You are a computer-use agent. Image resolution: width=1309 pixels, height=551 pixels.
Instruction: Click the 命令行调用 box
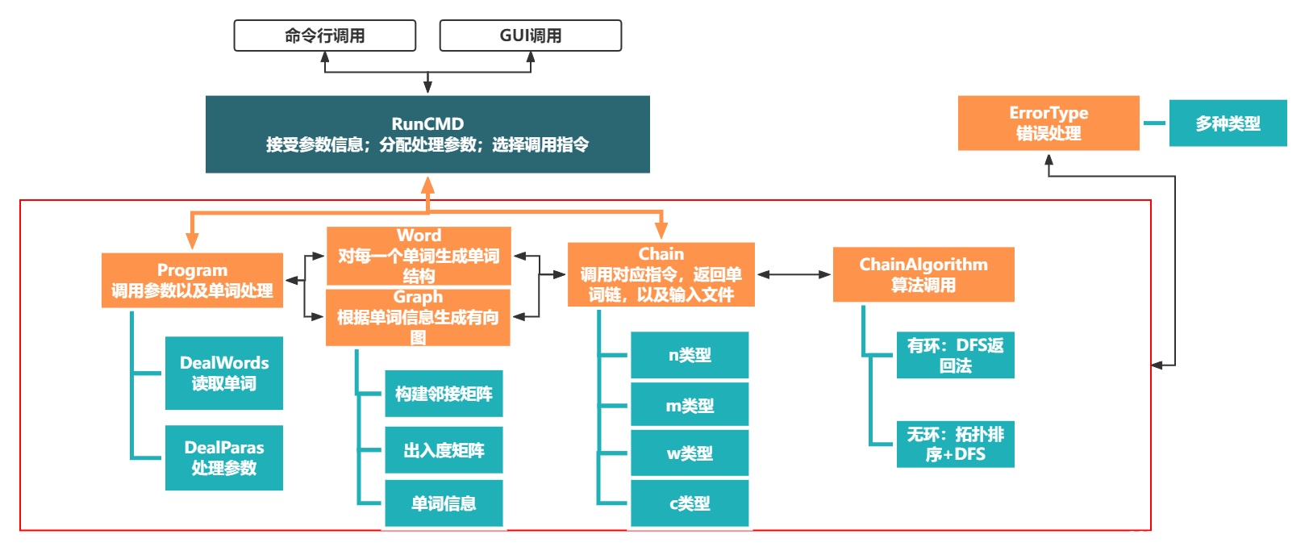(324, 35)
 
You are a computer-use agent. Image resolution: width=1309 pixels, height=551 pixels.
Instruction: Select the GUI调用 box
(530, 35)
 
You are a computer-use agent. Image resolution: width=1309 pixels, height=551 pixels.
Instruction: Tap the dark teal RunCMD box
(427, 134)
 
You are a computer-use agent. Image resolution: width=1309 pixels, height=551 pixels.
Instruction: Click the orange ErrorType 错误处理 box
(1048, 123)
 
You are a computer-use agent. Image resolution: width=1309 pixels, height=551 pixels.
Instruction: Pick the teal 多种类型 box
(1228, 123)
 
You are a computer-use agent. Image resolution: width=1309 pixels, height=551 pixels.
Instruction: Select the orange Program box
(192, 280)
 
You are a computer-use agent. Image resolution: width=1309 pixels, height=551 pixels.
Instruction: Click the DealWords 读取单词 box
(224, 373)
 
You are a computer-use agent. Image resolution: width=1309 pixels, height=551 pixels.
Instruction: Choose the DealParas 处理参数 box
(224, 457)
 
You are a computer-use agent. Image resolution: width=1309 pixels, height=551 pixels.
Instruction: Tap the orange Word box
(419, 255)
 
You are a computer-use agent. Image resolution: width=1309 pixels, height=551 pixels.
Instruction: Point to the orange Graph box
(418, 317)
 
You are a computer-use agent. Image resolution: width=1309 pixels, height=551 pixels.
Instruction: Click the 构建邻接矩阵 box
(444, 394)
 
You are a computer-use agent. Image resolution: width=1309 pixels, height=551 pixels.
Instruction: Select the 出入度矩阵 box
(444, 450)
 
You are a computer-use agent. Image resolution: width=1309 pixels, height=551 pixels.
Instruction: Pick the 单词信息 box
(444, 503)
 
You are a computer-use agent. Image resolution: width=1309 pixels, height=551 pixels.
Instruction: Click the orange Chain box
(661, 274)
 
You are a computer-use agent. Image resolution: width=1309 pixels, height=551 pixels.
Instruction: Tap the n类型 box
(690, 355)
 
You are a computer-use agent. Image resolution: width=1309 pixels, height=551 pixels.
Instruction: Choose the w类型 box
(690, 453)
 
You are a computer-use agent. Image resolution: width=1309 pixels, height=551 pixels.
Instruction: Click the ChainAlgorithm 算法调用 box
(923, 274)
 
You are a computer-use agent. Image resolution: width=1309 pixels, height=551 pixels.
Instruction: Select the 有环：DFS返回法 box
(955, 355)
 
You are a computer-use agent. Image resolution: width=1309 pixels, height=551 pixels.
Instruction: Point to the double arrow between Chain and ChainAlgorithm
(794, 274)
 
